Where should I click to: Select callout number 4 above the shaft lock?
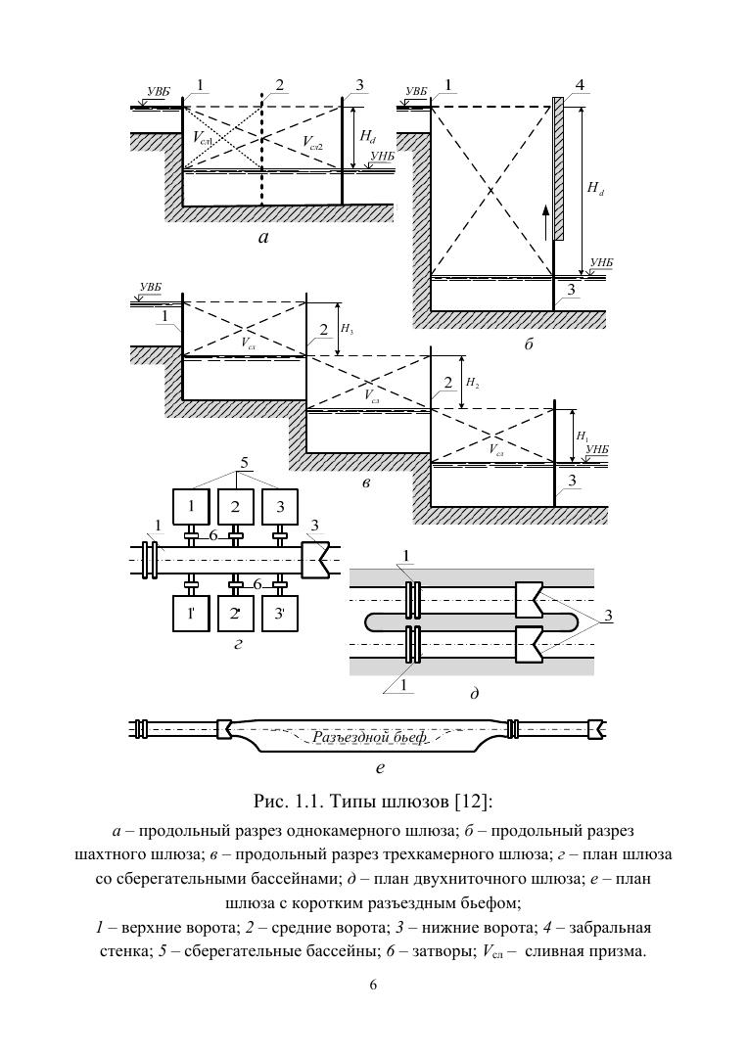[x=580, y=85]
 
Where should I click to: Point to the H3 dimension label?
[x=348, y=332]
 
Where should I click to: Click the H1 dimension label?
[x=582, y=435]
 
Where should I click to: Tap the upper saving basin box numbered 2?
[x=235, y=507]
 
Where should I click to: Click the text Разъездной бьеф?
[x=370, y=737]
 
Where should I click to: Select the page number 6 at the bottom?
[x=373, y=985]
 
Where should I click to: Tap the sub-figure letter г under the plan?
[x=237, y=646]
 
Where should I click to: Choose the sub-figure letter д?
[x=474, y=693]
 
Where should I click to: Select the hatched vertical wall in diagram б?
[x=558, y=168]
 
